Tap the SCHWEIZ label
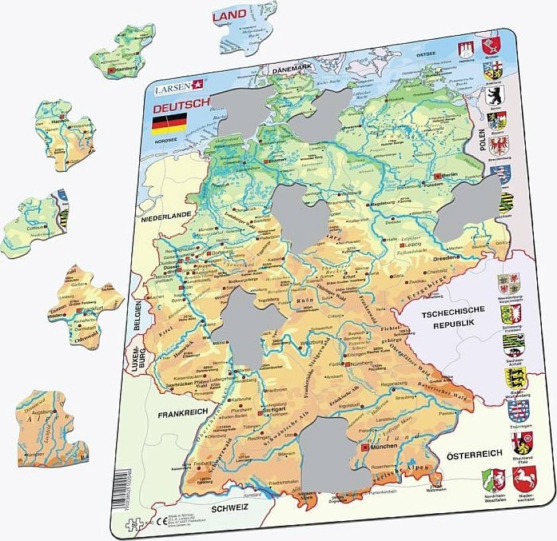(229, 507)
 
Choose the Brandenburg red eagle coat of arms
(497, 145)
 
